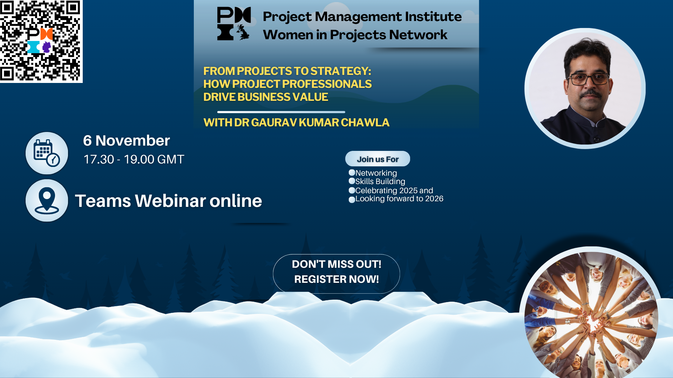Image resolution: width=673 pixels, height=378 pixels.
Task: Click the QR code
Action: pyautogui.click(x=41, y=41)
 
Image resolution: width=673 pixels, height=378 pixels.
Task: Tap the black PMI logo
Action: pyautogui.click(x=233, y=24)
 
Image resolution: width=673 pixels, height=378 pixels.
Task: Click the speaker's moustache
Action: pyautogui.click(x=590, y=94)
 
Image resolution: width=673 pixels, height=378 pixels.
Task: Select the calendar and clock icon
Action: pyautogui.click(x=47, y=153)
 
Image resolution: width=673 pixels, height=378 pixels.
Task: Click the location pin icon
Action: pyautogui.click(x=47, y=200)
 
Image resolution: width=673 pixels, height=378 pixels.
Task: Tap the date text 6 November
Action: pyautogui.click(x=126, y=141)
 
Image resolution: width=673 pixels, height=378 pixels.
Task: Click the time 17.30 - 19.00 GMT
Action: pyautogui.click(x=134, y=160)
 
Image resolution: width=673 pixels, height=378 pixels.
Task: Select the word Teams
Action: pyautogui.click(x=103, y=201)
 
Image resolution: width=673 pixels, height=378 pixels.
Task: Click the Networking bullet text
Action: pyautogui.click(x=376, y=173)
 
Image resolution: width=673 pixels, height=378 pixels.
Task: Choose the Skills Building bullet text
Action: pyautogui.click(x=380, y=181)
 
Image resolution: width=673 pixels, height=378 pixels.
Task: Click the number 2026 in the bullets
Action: pyautogui.click(x=434, y=199)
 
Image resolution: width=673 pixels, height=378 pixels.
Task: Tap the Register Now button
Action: pyautogui.click(x=336, y=273)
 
